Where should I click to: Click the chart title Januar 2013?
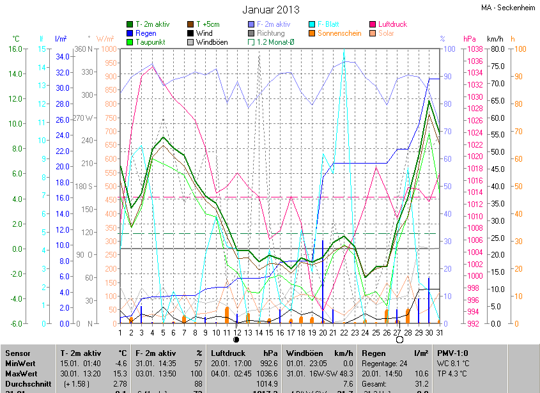pyautogui.click(x=270, y=10)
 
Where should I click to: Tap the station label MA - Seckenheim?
pyautogui.click(x=509, y=8)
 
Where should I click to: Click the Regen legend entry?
pyautogui.click(x=146, y=33)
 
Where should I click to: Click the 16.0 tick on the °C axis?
pyautogui.click(x=15, y=49)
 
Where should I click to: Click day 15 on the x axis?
pyautogui.click(x=270, y=332)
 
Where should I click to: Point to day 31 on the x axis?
pyautogui.click(x=440, y=332)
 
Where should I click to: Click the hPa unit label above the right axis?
pyautogui.click(x=470, y=38)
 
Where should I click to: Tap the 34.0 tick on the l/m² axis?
pyautogui.click(x=62, y=56)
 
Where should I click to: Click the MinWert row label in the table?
pyautogui.click(x=21, y=363)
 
